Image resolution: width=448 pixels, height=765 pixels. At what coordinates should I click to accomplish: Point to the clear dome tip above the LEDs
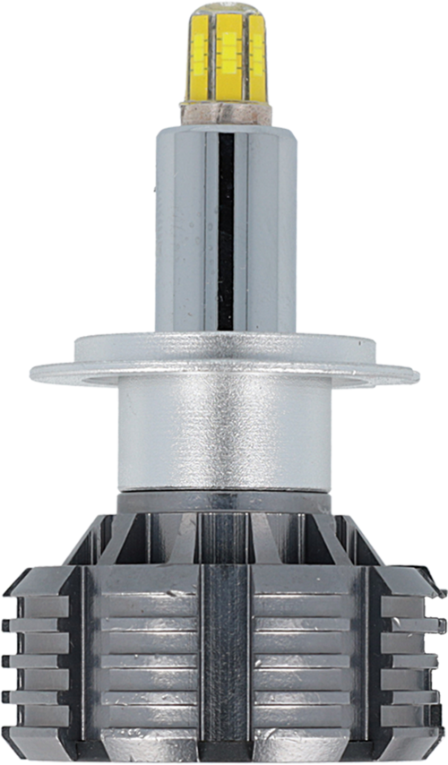(x=223, y=10)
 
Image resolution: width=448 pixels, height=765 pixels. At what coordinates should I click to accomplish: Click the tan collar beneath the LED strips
(x=224, y=112)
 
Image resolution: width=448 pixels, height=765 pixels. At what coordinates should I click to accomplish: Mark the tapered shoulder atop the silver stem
(x=224, y=130)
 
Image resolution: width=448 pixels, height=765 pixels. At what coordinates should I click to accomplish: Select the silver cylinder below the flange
(x=224, y=439)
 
